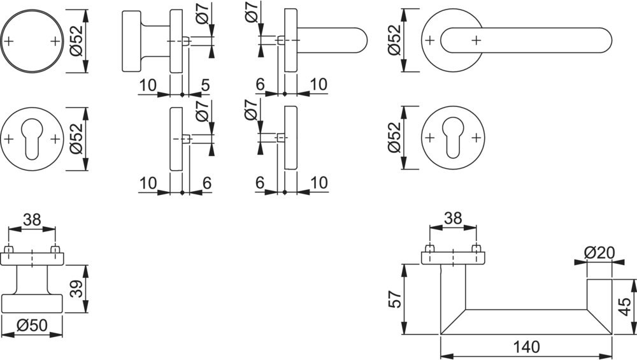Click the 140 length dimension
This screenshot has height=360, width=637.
526,347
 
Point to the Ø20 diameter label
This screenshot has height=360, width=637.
598,252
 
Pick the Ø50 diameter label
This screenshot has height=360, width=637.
32,325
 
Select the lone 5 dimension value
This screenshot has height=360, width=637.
205,84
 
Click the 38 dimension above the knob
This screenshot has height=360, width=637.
32,220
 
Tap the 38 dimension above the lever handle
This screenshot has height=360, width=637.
452,218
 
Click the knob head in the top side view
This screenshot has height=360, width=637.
132,41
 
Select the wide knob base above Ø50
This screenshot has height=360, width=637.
32,303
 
